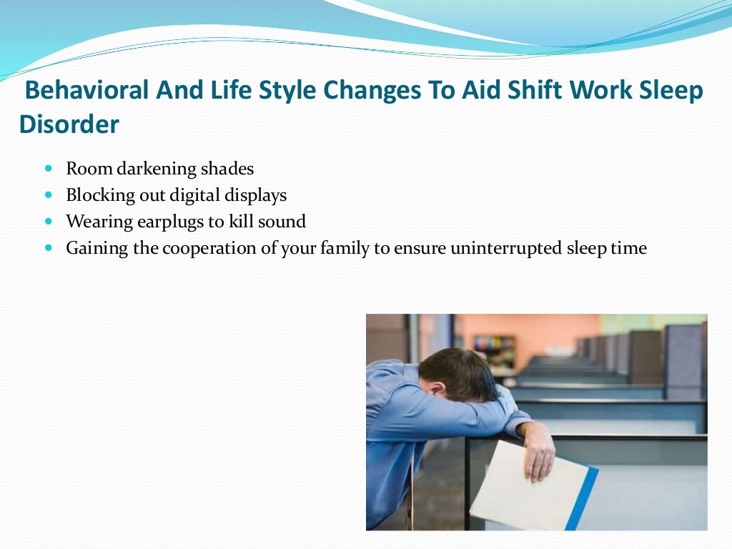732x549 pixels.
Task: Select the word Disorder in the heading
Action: click(x=69, y=124)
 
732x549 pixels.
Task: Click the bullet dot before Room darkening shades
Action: click(x=49, y=169)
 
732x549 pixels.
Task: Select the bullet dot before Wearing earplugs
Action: click(x=49, y=222)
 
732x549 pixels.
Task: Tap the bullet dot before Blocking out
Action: click(x=49, y=194)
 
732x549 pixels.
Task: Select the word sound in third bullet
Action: click(x=282, y=222)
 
